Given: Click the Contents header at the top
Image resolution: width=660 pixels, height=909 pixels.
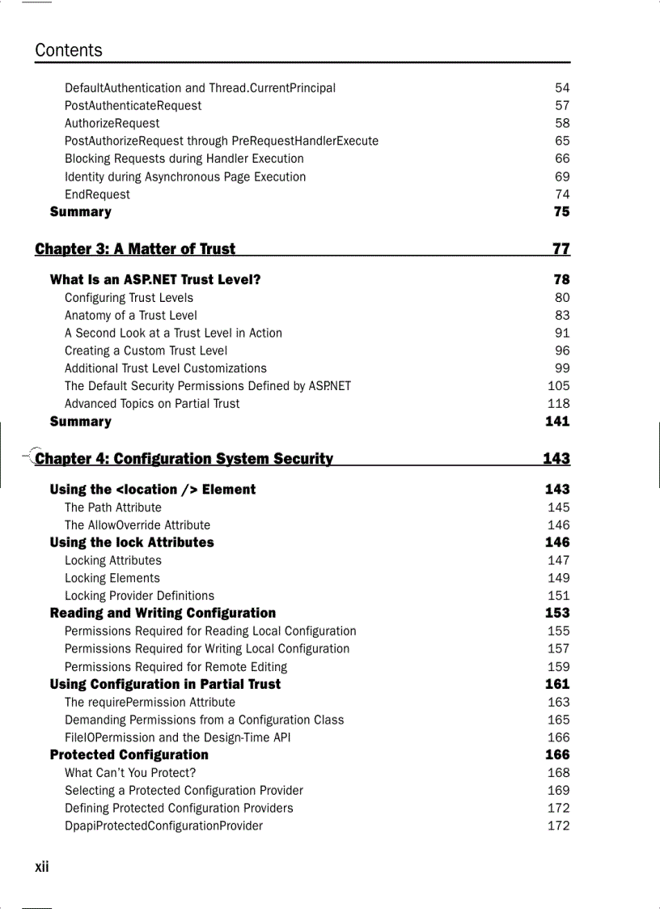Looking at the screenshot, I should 69,50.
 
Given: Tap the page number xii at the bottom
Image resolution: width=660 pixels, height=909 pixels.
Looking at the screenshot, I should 42,867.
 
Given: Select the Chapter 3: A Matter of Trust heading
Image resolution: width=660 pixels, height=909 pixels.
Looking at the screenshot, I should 135,248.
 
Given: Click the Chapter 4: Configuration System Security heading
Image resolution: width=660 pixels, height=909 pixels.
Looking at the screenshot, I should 184,459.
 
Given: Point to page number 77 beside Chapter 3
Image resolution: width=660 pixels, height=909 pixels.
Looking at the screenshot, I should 561,248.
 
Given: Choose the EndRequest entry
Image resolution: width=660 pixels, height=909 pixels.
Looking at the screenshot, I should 97,194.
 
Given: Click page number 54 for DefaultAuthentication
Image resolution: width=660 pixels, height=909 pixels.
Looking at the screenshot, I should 562,87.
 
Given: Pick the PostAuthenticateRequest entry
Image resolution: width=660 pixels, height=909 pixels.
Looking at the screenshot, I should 133,105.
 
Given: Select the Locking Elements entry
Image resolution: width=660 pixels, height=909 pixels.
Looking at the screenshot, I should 112,578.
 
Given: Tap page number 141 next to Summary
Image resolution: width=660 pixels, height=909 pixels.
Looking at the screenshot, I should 557,421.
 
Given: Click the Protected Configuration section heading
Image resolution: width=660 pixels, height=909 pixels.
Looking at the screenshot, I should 129,754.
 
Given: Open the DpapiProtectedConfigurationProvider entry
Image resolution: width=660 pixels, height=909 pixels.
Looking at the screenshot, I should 163,826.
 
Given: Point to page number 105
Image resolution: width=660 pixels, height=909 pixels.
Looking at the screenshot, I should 558,386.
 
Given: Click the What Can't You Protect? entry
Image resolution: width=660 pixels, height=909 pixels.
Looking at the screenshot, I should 130,772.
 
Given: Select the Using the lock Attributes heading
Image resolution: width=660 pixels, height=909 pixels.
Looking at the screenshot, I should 132,542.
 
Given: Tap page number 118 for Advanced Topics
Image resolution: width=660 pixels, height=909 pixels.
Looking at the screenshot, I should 558,403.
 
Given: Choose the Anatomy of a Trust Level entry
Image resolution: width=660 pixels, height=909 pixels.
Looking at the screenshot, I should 131,315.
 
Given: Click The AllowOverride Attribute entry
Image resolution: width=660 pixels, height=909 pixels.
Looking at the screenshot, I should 137,525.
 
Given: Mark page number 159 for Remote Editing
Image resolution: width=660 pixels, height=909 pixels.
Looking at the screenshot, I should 558,667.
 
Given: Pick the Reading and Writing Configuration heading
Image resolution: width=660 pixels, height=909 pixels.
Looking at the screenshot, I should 163,613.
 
